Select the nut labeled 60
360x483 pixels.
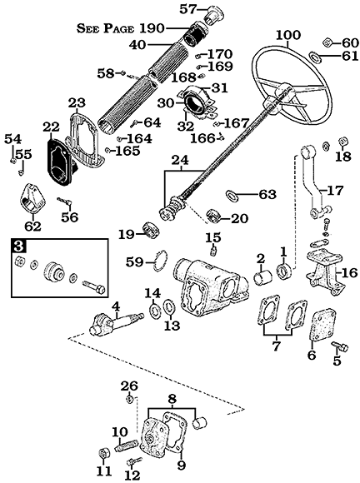pos(327,42)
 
